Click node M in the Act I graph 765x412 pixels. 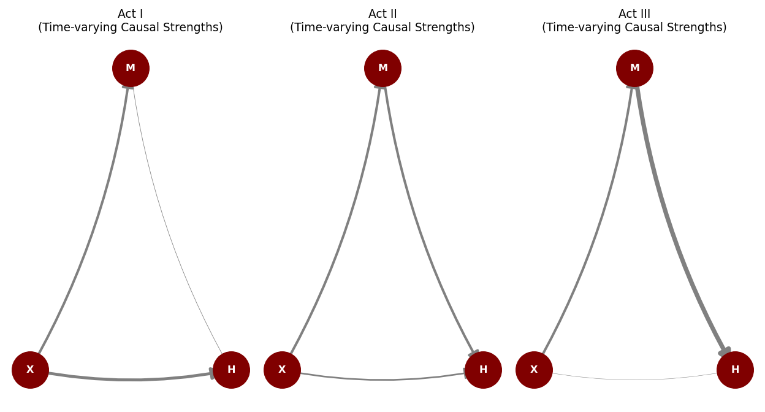click(x=131, y=68)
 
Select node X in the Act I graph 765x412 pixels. click(x=31, y=370)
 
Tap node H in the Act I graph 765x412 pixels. click(x=231, y=370)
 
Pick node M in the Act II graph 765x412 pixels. click(x=383, y=68)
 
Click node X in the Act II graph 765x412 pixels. click(x=282, y=370)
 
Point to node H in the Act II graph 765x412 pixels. click(x=483, y=370)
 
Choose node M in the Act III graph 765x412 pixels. click(x=634, y=68)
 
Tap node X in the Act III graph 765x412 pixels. click(x=534, y=370)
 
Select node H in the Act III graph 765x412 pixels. click(x=735, y=370)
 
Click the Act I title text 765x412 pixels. click(x=131, y=20)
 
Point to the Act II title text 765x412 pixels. click(x=382, y=20)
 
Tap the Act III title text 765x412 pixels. click(x=634, y=20)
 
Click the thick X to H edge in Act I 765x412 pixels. click(x=131, y=380)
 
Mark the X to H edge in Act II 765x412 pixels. click(x=382, y=380)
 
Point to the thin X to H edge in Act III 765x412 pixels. click(x=634, y=380)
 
